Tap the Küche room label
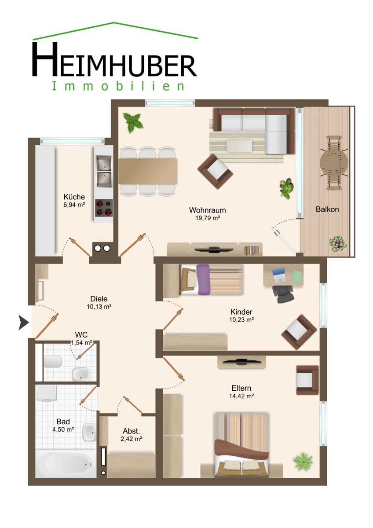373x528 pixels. pyautogui.click(x=74, y=197)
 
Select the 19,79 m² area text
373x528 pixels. pyautogui.click(x=207, y=218)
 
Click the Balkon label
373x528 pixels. pyautogui.click(x=327, y=209)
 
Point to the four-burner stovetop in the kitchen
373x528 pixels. pyautogui.click(x=104, y=208)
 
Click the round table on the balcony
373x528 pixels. pyautogui.click(x=334, y=163)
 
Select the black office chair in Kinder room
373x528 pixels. pyautogui.click(x=283, y=294)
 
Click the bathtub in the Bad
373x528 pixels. pyautogui.click(x=66, y=464)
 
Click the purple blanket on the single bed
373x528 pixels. pyautogui.click(x=203, y=279)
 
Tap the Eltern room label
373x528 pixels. pyautogui.click(x=241, y=388)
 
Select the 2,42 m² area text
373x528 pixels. pyautogui.click(x=131, y=439)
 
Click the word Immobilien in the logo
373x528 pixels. pyautogui.click(x=118, y=86)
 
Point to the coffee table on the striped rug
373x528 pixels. pyautogui.click(x=239, y=146)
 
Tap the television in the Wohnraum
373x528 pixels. pyautogui.click(x=214, y=249)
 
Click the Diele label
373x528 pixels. pyautogui.click(x=99, y=299)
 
